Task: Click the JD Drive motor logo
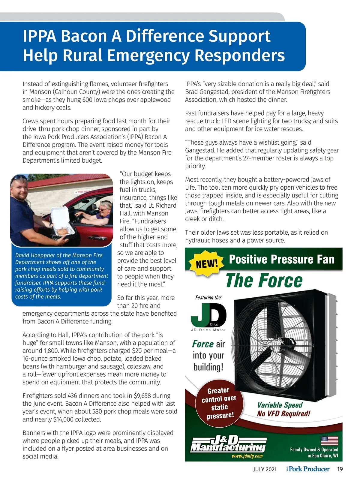[209, 315]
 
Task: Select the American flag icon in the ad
[329, 441]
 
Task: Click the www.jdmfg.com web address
[247, 456]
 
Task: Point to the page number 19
[340, 469]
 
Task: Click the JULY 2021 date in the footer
[265, 469]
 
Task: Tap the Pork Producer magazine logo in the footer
[308, 469]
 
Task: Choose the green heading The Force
[264, 281]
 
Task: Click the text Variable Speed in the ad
[280, 405]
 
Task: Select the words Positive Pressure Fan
[281, 259]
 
